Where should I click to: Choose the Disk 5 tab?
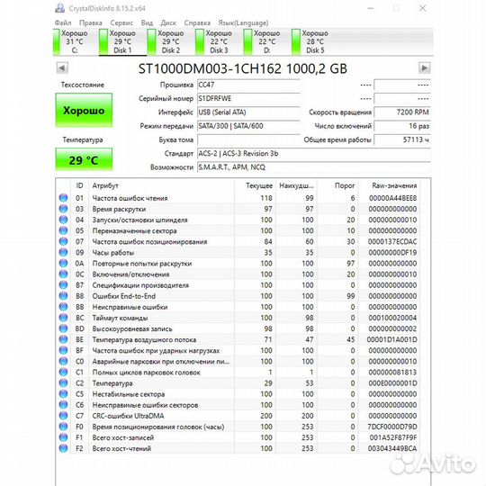pos(315,40)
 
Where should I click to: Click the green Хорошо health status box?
pos(84,110)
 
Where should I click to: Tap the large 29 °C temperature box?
pos(84,159)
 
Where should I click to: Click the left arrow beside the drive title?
pos(61,67)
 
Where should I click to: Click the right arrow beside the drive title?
pos(424,67)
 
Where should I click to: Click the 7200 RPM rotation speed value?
pos(409,112)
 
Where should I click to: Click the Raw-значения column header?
pos(395,184)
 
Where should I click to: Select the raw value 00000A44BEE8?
pos(395,198)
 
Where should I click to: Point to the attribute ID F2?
pos(79,447)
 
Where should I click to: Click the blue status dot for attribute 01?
pos(64,198)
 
